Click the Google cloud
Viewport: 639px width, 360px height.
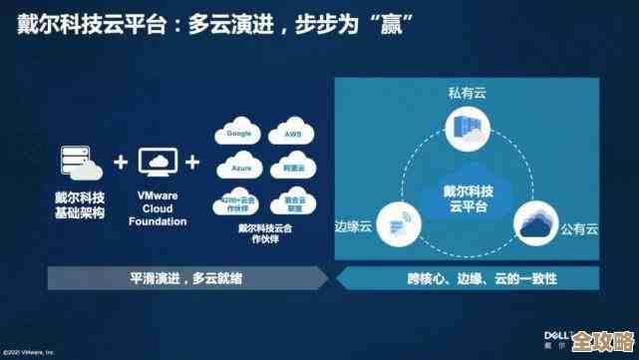coord(237,133)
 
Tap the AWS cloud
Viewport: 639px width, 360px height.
coord(292,134)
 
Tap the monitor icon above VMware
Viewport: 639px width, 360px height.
coord(158,162)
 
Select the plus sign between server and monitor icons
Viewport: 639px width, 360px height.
coord(122,163)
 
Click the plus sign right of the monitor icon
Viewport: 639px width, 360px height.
coord(193,163)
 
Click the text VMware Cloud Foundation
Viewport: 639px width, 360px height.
coord(158,208)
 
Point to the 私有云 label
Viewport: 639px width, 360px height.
coord(467,93)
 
